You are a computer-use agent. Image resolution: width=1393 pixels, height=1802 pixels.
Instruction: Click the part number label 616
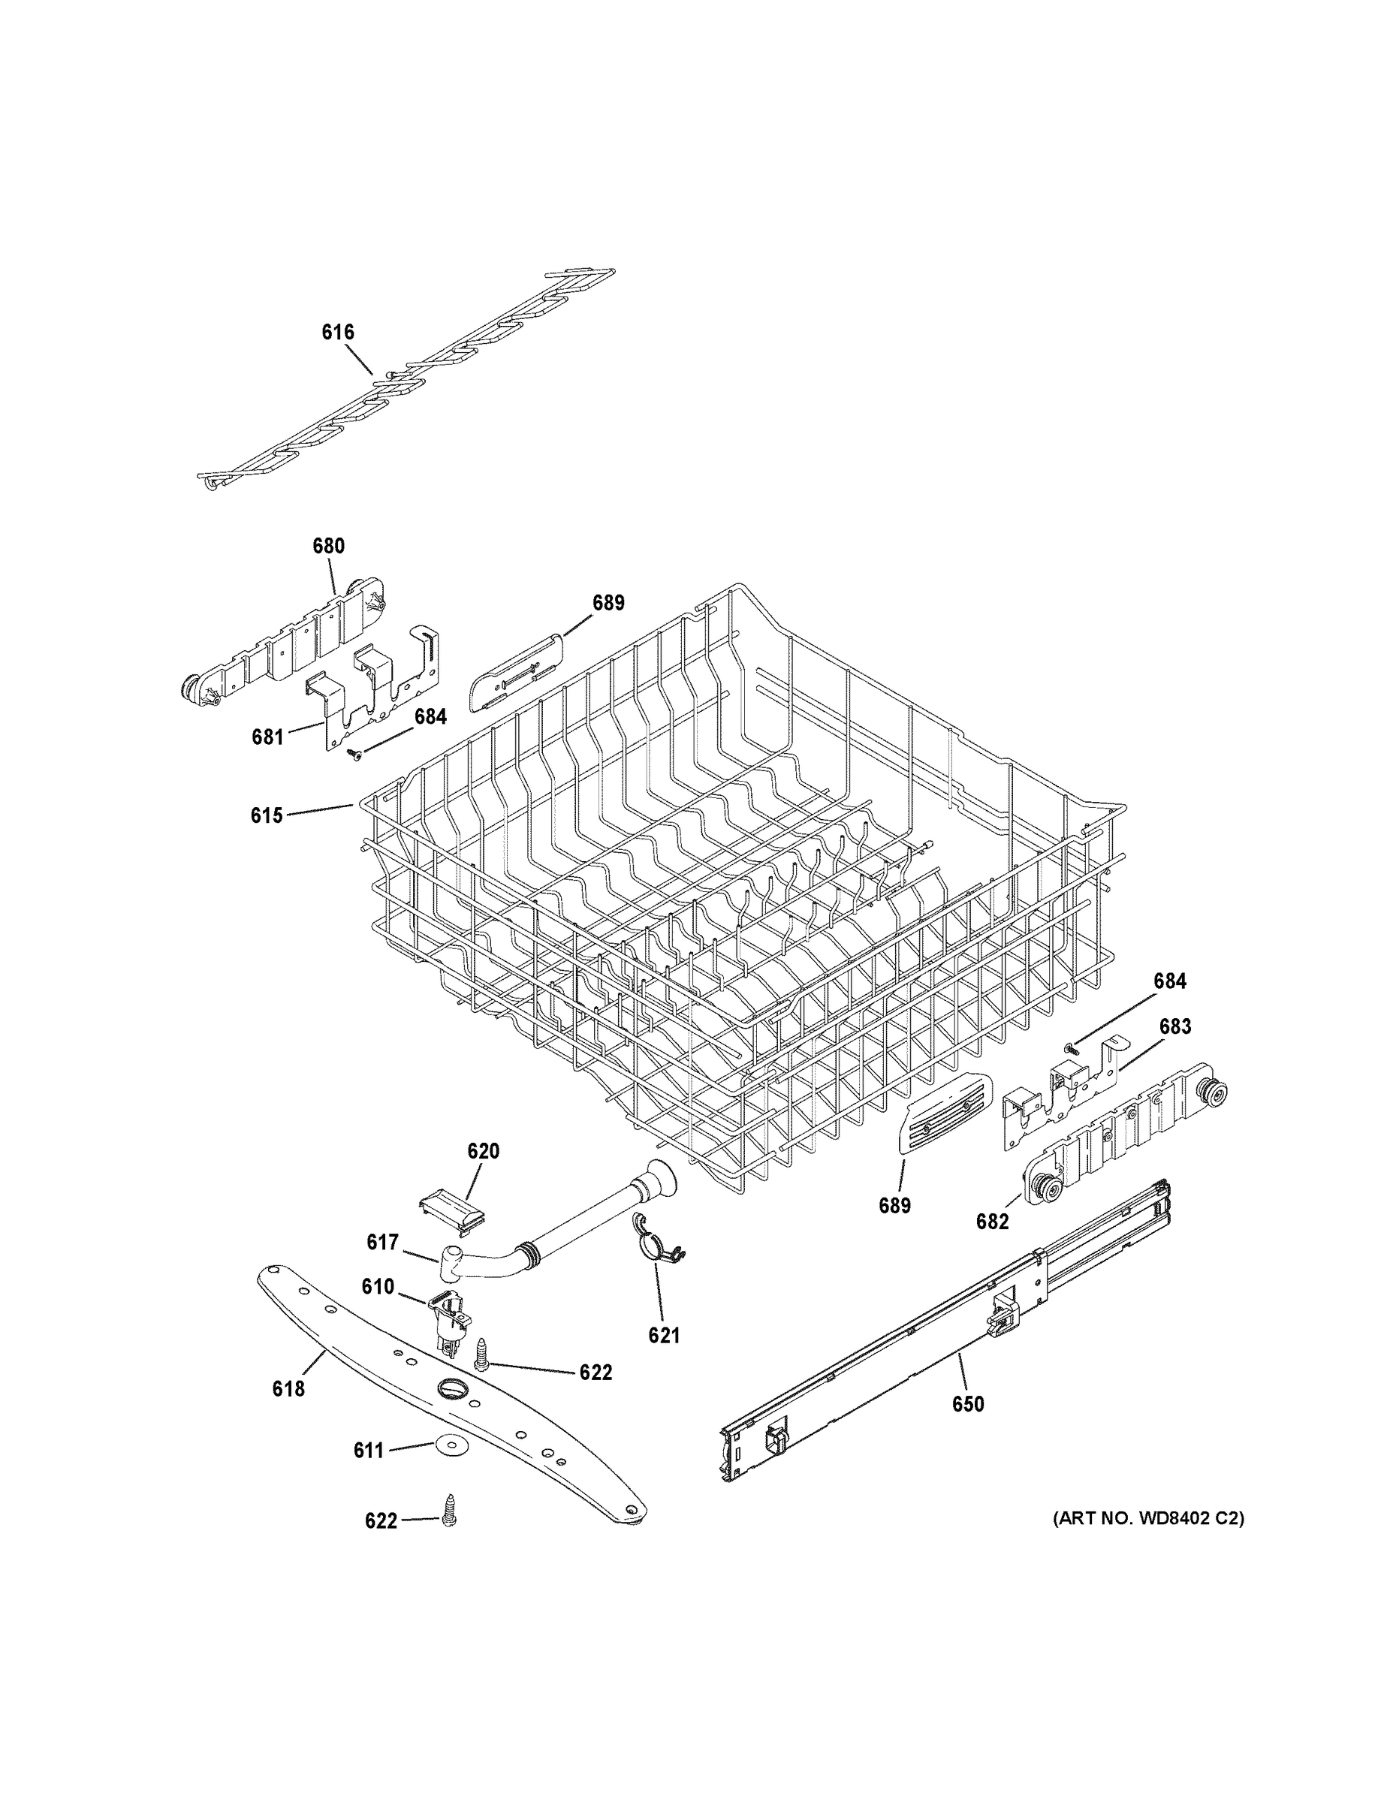point(337,333)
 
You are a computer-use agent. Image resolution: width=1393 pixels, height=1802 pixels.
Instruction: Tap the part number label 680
point(328,545)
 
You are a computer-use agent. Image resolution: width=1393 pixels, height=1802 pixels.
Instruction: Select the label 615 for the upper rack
point(267,815)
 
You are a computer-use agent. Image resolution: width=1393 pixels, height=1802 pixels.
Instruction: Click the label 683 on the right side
point(1175,1026)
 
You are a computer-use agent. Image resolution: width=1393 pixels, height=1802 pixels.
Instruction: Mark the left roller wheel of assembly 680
point(194,688)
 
